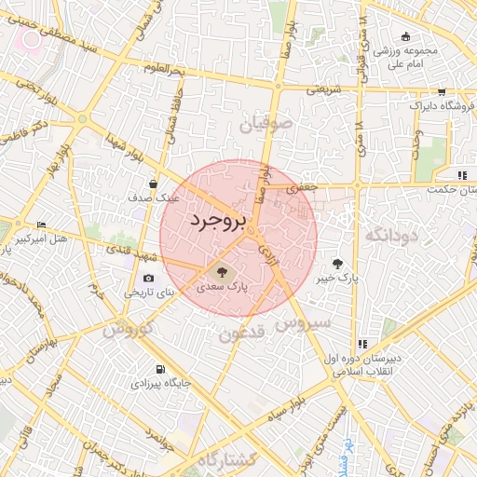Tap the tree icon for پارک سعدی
(x=222, y=271)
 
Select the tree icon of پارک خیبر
(x=336, y=263)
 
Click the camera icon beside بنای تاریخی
(x=149, y=279)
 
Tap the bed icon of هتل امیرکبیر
(x=40, y=226)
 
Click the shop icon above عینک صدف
(x=152, y=184)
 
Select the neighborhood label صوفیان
(x=266, y=123)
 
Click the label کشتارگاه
(x=239, y=458)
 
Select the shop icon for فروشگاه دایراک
(x=441, y=92)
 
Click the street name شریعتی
(x=310, y=90)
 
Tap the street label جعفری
(x=301, y=187)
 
